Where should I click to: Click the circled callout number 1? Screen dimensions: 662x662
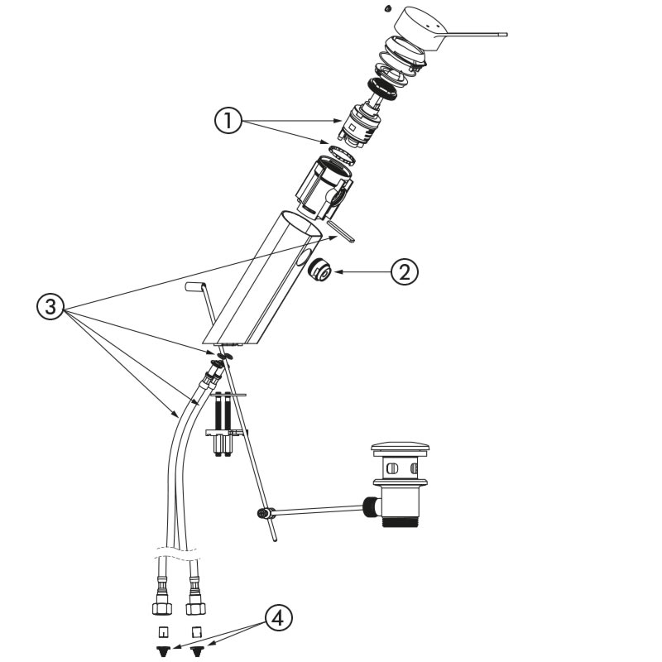pos(228,121)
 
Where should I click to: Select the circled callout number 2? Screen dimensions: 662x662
pos(405,272)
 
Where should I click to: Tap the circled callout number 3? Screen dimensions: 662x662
pos(50,306)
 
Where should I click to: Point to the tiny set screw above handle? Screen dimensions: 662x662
pos(387,8)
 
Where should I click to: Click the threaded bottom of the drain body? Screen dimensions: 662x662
pos(400,522)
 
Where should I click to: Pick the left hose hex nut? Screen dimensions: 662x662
pos(162,609)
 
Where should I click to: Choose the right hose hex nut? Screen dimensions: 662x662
pos(195,608)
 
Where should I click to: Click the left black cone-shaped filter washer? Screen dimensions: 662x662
pos(162,650)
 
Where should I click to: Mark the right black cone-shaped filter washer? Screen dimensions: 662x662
pos(197,650)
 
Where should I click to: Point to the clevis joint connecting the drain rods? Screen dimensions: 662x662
pos(266,513)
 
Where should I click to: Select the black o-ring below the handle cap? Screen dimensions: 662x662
pos(382,89)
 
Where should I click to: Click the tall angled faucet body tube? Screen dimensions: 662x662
pos(262,278)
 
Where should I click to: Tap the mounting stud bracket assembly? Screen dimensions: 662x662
pos(226,425)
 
